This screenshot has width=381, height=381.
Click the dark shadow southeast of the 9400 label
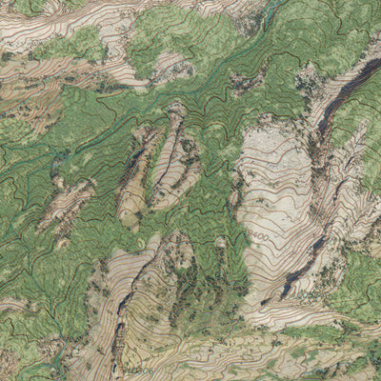(x=300, y=271)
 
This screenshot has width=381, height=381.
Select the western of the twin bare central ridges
(x=136, y=176)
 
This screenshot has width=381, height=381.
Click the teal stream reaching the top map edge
(x=271, y=11)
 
